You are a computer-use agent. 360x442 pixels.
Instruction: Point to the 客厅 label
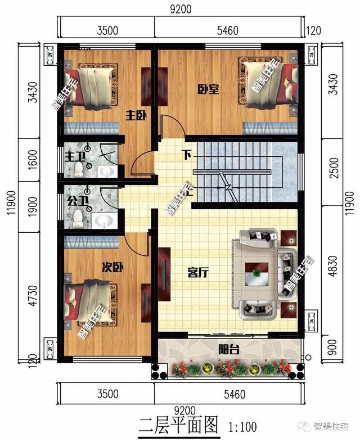pyautogui.click(x=198, y=273)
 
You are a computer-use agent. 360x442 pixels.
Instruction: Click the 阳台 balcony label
pyautogui.click(x=229, y=350)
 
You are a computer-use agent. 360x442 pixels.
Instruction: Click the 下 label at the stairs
pyautogui.click(x=186, y=154)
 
